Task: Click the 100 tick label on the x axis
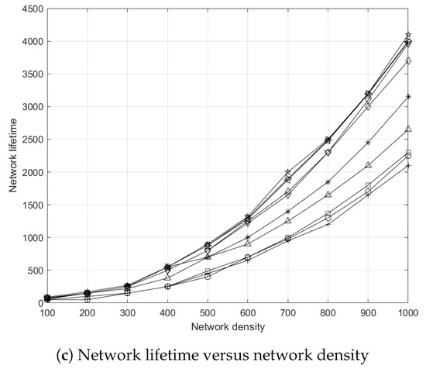(x=48, y=313)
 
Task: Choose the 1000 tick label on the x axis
(x=407, y=313)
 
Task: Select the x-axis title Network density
(x=228, y=326)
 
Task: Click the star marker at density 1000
(x=408, y=36)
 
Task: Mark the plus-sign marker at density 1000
(x=408, y=166)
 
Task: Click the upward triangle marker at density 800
(x=328, y=195)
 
